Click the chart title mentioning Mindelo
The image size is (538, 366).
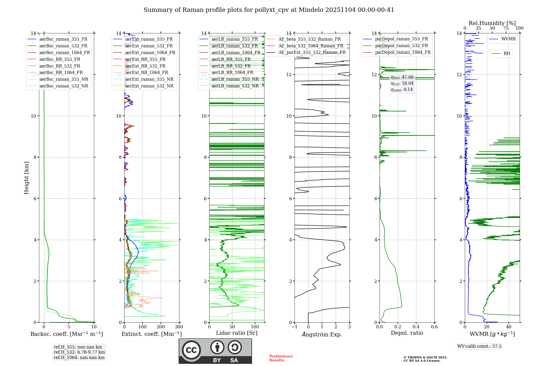269,10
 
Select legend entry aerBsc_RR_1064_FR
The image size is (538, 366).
61,73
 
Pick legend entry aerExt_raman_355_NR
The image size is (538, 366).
149,79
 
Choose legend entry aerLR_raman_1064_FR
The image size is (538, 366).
236,52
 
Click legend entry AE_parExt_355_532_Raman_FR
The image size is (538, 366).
312,52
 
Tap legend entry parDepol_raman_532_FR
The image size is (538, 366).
401,46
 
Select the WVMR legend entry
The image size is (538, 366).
508,39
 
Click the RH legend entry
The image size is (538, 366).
507,54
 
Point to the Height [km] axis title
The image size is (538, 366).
26,178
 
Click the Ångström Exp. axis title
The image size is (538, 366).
322,335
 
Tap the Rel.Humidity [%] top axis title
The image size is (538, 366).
492,23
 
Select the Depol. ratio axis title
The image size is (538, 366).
407,333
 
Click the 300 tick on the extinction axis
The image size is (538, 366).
179,327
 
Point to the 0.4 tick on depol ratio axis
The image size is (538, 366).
416,327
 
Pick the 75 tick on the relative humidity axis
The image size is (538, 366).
506,28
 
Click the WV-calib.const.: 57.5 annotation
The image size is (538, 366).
479,346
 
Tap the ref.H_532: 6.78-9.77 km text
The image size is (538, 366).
79,352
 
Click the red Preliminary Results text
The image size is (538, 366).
281,358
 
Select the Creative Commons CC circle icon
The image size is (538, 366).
191,350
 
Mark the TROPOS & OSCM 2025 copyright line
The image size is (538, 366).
425,358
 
